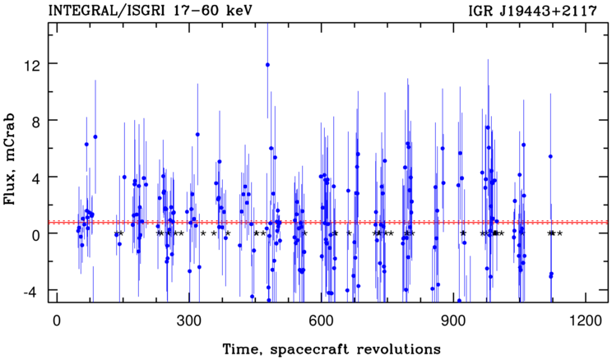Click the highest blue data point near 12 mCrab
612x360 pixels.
pos(267,65)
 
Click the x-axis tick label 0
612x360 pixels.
pos(57,321)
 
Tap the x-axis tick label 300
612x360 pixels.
pos(189,321)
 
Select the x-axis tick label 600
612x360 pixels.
pos(322,321)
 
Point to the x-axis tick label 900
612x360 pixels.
pos(453,321)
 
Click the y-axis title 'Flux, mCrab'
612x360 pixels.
pos(9,159)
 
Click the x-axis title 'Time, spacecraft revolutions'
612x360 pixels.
pos(331,348)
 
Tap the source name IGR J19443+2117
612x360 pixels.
pos(532,11)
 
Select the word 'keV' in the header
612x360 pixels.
pos(239,11)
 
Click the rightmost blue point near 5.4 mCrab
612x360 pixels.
pos(550,156)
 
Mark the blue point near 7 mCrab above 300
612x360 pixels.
pos(197,134)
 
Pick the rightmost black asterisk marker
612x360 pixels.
pos(559,233)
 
